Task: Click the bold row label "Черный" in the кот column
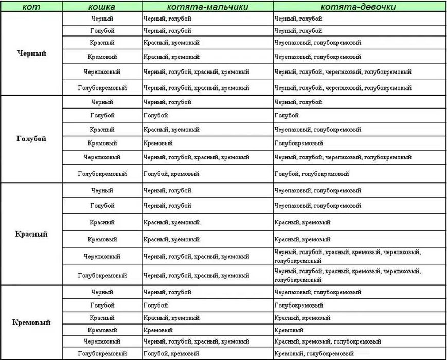pos(31,53)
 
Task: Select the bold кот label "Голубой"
pos(31,139)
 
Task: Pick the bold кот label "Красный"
pos(31,234)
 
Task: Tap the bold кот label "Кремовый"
pos(31,322)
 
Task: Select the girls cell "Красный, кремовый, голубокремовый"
pos(328,341)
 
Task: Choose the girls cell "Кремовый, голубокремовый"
pos(314,353)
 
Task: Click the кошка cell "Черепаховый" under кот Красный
pos(102,256)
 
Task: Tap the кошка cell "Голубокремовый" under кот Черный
pos(102,88)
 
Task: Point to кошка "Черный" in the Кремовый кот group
pos(102,292)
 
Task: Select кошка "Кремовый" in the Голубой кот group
pos(102,143)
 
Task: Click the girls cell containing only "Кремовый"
pos(289,330)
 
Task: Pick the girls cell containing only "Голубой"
pos(286,116)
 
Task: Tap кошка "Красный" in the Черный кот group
pos(102,43)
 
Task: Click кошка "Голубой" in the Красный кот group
pos(102,206)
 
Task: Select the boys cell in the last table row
pos(171,353)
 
